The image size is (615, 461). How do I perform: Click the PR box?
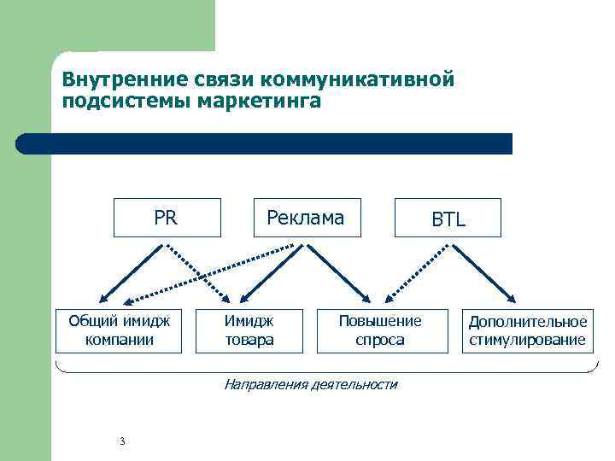coord(167,217)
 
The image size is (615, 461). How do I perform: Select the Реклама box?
coord(306,217)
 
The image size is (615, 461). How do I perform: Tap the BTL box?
coord(448,219)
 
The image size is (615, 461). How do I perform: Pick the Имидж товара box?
coord(249,330)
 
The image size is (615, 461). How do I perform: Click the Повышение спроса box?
coord(380,330)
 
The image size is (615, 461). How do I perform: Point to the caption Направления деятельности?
coord(310,384)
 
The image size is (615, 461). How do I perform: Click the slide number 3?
coord(123,441)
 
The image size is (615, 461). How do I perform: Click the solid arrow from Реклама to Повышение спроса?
coord(338,273)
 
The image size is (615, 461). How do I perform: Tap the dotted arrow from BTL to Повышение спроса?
coord(419,273)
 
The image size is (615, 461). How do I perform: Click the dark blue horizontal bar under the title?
coord(265,143)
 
